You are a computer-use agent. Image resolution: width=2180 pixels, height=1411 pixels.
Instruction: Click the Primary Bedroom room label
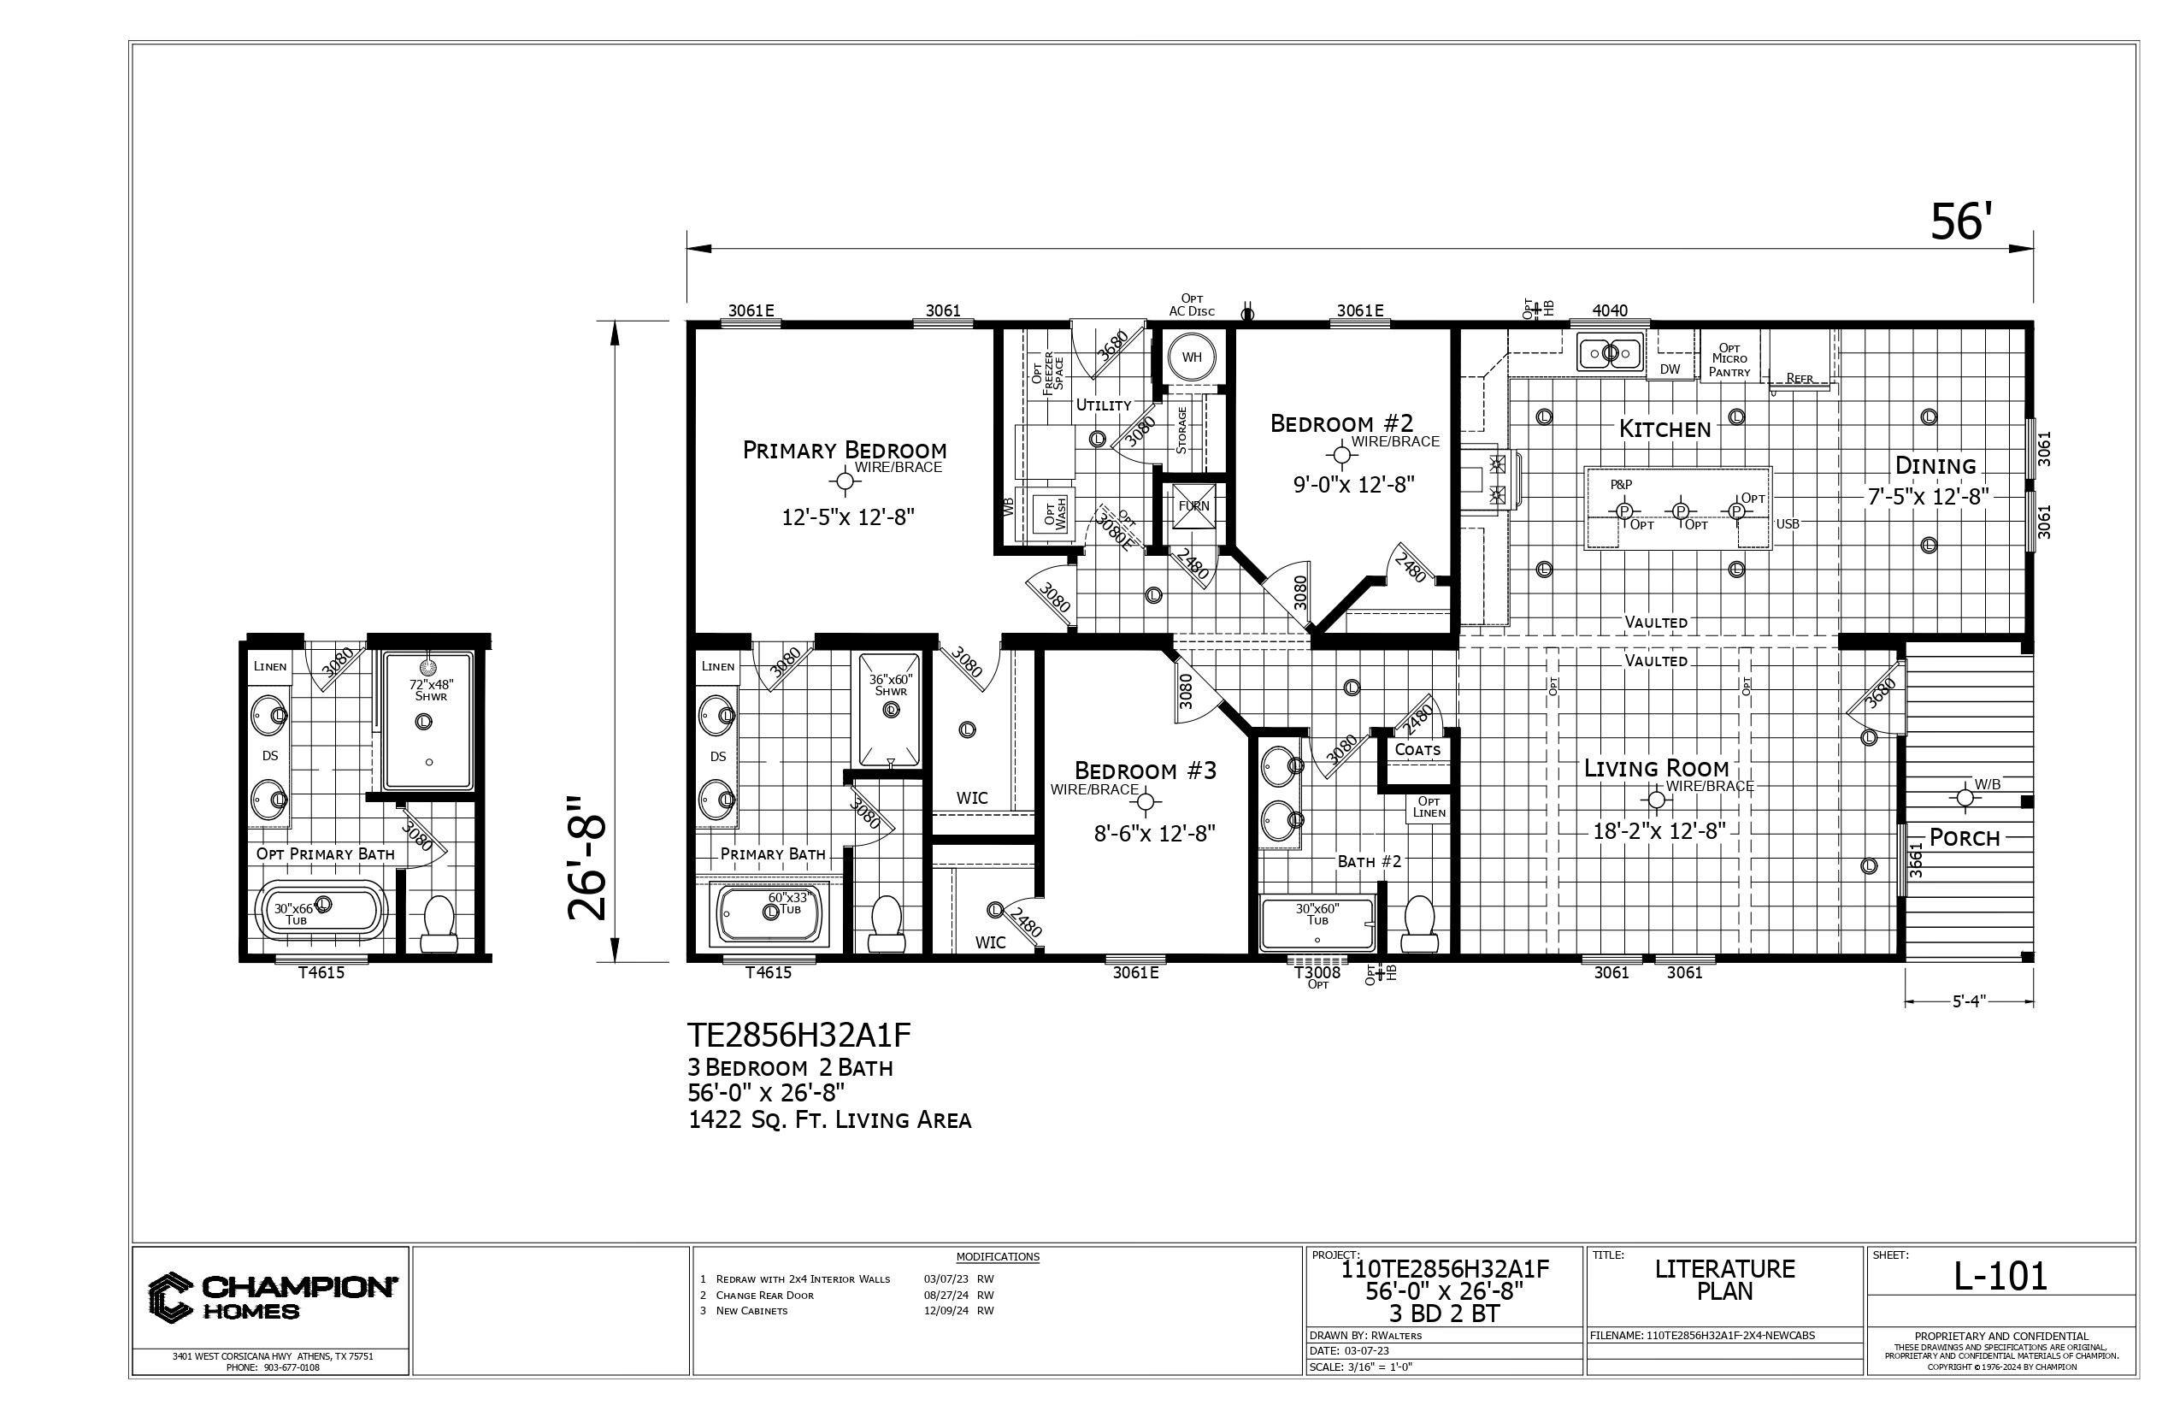(845, 450)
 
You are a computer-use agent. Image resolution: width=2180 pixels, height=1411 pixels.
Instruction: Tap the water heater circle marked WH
(1191, 357)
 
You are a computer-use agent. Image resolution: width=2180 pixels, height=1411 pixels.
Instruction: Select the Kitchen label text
(1664, 428)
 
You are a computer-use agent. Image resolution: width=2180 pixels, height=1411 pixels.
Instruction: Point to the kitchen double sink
(1609, 352)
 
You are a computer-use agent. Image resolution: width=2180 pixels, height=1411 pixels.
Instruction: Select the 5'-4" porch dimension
(1970, 1001)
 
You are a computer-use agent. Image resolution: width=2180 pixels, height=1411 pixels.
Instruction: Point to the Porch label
(1965, 837)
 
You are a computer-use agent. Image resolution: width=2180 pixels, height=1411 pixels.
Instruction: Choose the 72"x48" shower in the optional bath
(427, 721)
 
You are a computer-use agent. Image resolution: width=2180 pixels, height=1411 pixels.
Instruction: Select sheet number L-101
(2000, 1276)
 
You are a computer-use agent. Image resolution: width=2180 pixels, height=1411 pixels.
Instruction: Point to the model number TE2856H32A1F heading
(798, 1036)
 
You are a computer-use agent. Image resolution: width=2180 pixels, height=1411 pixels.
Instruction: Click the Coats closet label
(1417, 749)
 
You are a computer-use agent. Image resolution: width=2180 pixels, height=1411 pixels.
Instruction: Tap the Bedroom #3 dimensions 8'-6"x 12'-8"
(1154, 834)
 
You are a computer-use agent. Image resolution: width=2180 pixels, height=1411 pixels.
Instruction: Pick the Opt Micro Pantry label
(1729, 359)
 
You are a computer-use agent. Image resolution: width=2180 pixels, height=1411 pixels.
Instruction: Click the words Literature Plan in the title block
(1725, 1280)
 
